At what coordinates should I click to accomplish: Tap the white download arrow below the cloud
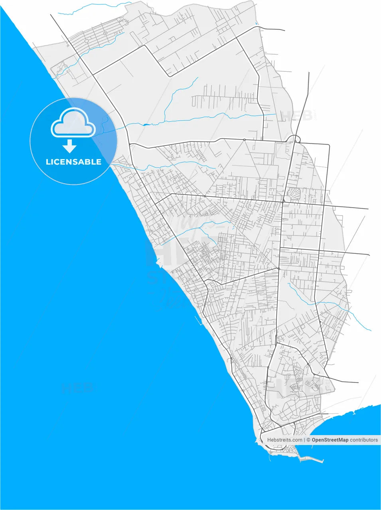(69, 146)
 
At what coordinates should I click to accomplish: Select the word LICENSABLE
(73, 162)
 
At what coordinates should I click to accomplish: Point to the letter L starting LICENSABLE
(48, 162)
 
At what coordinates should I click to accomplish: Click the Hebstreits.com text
(284, 440)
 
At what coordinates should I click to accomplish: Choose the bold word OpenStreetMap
(330, 440)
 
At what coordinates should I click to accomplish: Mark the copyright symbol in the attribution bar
(308, 440)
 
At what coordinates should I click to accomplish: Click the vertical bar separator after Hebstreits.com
(304, 440)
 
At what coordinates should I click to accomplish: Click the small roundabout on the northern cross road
(244, 139)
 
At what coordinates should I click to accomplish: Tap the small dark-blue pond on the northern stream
(146, 125)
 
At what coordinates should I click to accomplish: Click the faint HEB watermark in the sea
(77, 387)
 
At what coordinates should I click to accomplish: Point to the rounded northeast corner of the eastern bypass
(328, 145)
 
